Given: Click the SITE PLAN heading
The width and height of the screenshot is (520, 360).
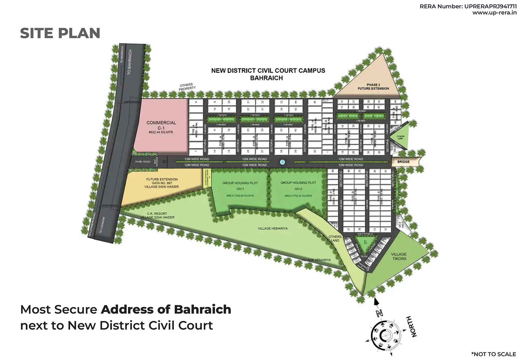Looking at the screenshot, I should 60,33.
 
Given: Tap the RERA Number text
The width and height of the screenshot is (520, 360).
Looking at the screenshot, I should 468,6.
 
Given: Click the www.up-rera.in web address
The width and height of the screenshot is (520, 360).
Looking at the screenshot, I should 494,13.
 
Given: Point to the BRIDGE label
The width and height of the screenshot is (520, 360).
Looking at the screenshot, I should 403,162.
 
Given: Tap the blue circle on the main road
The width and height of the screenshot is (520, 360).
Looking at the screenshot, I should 282,162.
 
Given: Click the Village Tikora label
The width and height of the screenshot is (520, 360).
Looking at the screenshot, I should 399,256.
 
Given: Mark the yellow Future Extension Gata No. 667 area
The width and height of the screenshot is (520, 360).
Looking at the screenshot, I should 162,183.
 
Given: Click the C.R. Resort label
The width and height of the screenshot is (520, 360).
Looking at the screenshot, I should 157,215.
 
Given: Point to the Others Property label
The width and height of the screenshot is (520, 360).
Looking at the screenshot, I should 187,87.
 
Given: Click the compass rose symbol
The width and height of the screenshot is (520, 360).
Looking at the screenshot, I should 385,335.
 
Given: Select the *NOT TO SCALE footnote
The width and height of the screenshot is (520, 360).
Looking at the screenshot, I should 493,354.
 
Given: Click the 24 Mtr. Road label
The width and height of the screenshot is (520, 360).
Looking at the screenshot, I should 143,162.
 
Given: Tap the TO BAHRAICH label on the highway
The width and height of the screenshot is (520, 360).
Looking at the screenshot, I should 130,62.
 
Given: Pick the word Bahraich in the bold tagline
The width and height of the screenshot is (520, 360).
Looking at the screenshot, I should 202,310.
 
